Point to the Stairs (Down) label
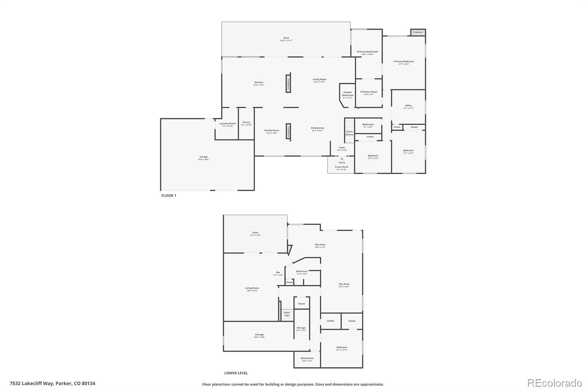tap(349, 133)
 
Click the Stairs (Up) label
tap(287, 314)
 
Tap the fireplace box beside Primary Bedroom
tap(418, 32)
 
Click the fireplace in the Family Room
tap(288, 131)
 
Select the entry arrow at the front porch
tap(342, 158)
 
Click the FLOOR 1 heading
tap(168, 196)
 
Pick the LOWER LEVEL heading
tap(236, 373)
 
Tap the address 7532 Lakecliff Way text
tap(52, 383)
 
